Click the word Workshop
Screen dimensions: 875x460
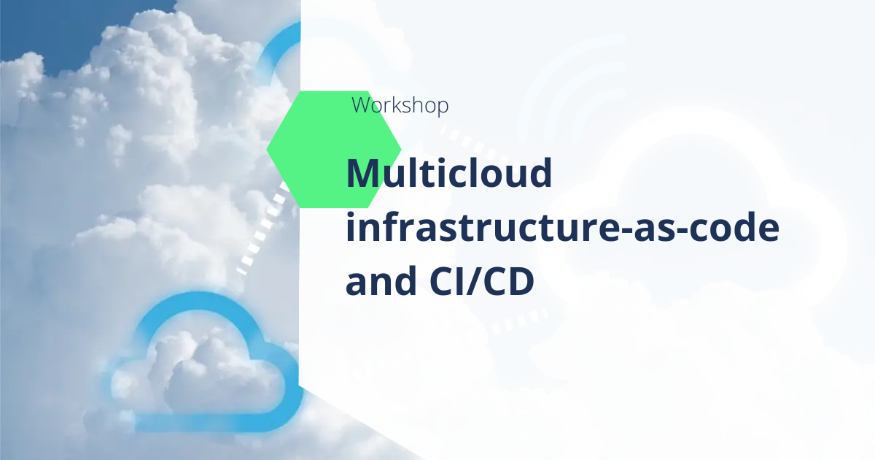400,105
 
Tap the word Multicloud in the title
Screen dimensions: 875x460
449,173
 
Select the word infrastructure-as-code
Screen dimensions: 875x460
562,227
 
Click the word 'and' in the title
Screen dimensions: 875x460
381,280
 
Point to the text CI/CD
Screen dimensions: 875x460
482,280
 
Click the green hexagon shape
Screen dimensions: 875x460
334,150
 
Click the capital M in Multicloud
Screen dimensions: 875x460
363,173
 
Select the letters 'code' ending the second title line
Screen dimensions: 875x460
734,227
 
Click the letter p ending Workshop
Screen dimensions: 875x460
443,107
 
